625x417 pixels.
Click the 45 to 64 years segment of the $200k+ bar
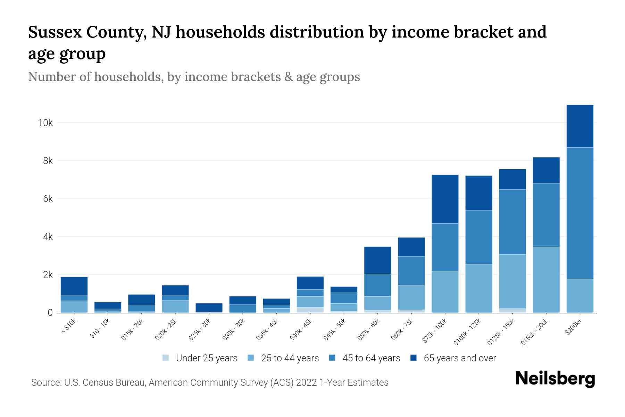tap(580, 213)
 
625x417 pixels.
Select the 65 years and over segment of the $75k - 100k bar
tap(445, 199)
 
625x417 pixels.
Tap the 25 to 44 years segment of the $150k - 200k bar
tap(546, 279)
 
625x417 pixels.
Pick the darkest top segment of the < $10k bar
tap(74, 286)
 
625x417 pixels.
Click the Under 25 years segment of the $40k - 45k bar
tap(310, 310)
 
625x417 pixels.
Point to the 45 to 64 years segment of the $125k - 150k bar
tap(512, 222)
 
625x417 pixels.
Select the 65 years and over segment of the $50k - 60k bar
tap(377, 260)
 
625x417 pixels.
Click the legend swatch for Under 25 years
tap(166, 358)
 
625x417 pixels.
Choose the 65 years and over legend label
tap(460, 358)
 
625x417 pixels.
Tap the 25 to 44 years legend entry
tap(290, 358)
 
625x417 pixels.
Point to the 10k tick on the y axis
tap(45, 123)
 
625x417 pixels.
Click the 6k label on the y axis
tap(48, 199)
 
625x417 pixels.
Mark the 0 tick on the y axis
tap(50, 313)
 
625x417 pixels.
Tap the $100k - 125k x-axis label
tap(467, 333)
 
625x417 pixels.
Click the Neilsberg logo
tap(555, 379)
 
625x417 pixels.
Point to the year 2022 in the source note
tap(307, 383)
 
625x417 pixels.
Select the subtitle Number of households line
tap(194, 77)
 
